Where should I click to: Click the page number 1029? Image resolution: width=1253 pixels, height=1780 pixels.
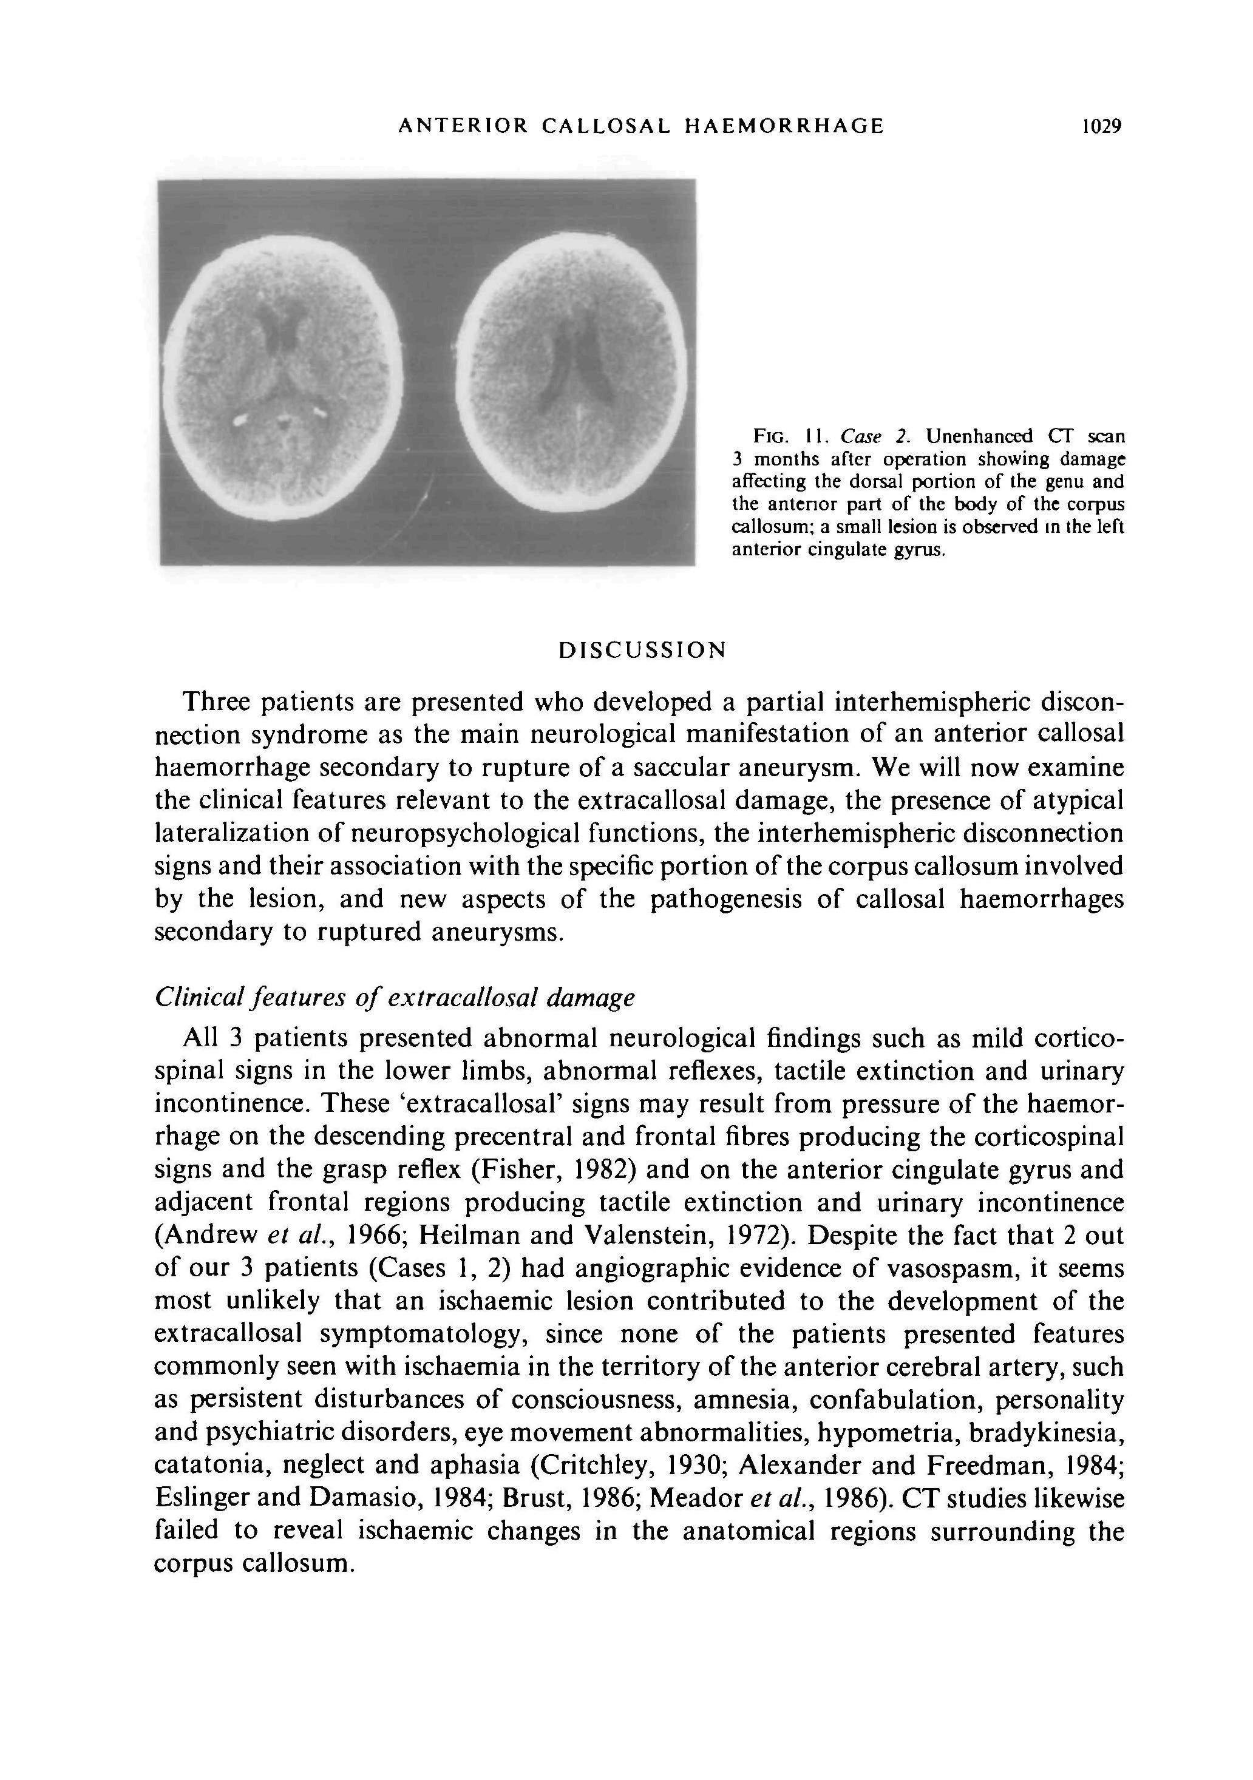pos(1102,126)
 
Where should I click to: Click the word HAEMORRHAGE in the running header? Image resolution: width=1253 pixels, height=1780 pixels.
pos(784,126)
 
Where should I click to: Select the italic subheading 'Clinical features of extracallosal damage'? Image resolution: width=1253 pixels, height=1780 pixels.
pos(395,998)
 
